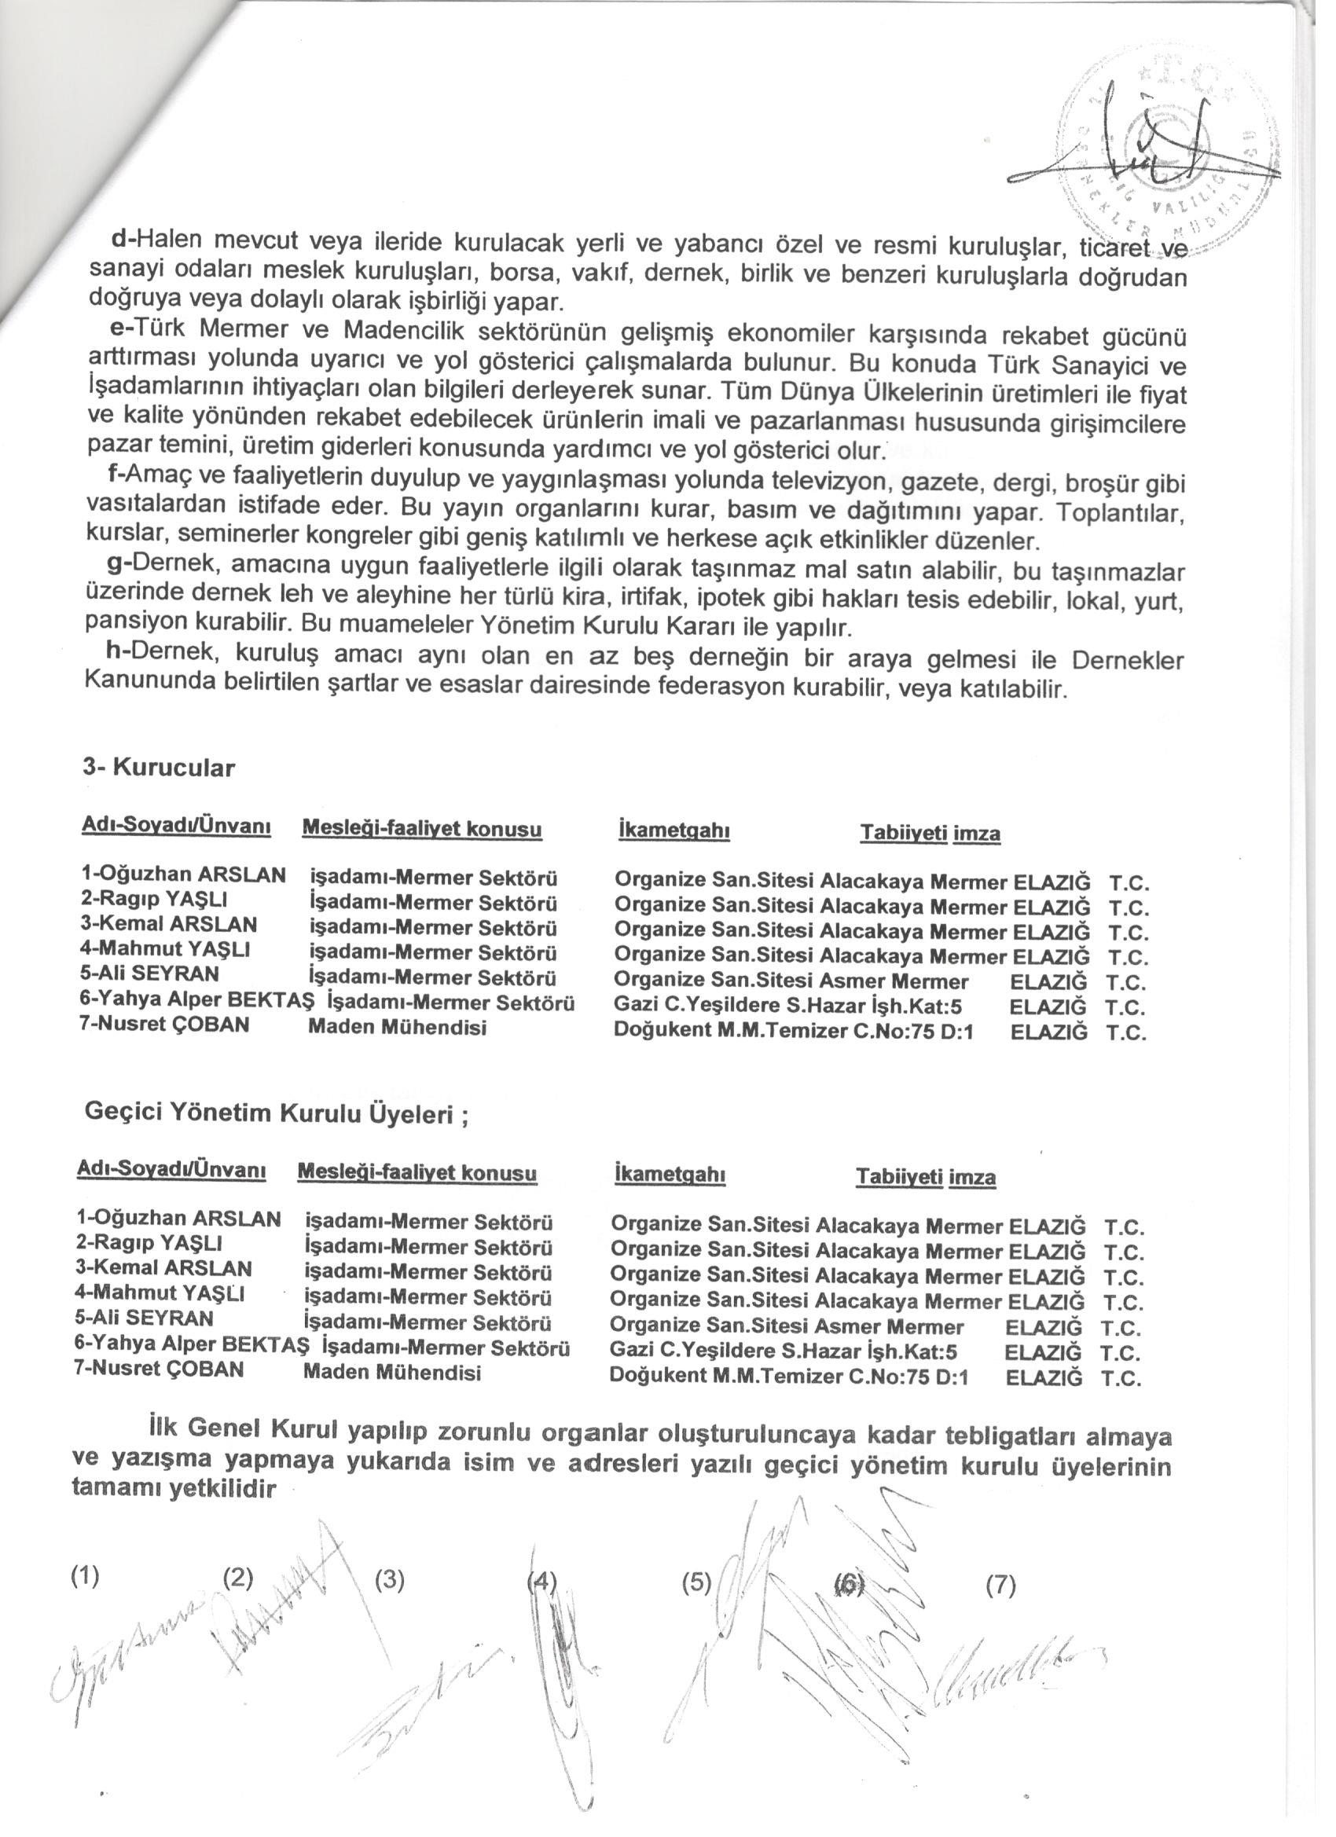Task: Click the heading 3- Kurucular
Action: (159, 768)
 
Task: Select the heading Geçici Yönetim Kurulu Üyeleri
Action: (276, 1113)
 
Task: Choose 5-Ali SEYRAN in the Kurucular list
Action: (150, 974)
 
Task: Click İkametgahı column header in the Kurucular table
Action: (673, 831)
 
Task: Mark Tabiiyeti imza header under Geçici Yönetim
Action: (926, 1176)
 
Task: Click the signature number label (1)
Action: (85, 1576)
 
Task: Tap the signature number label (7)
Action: (1000, 1586)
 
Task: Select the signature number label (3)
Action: (390, 1581)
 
